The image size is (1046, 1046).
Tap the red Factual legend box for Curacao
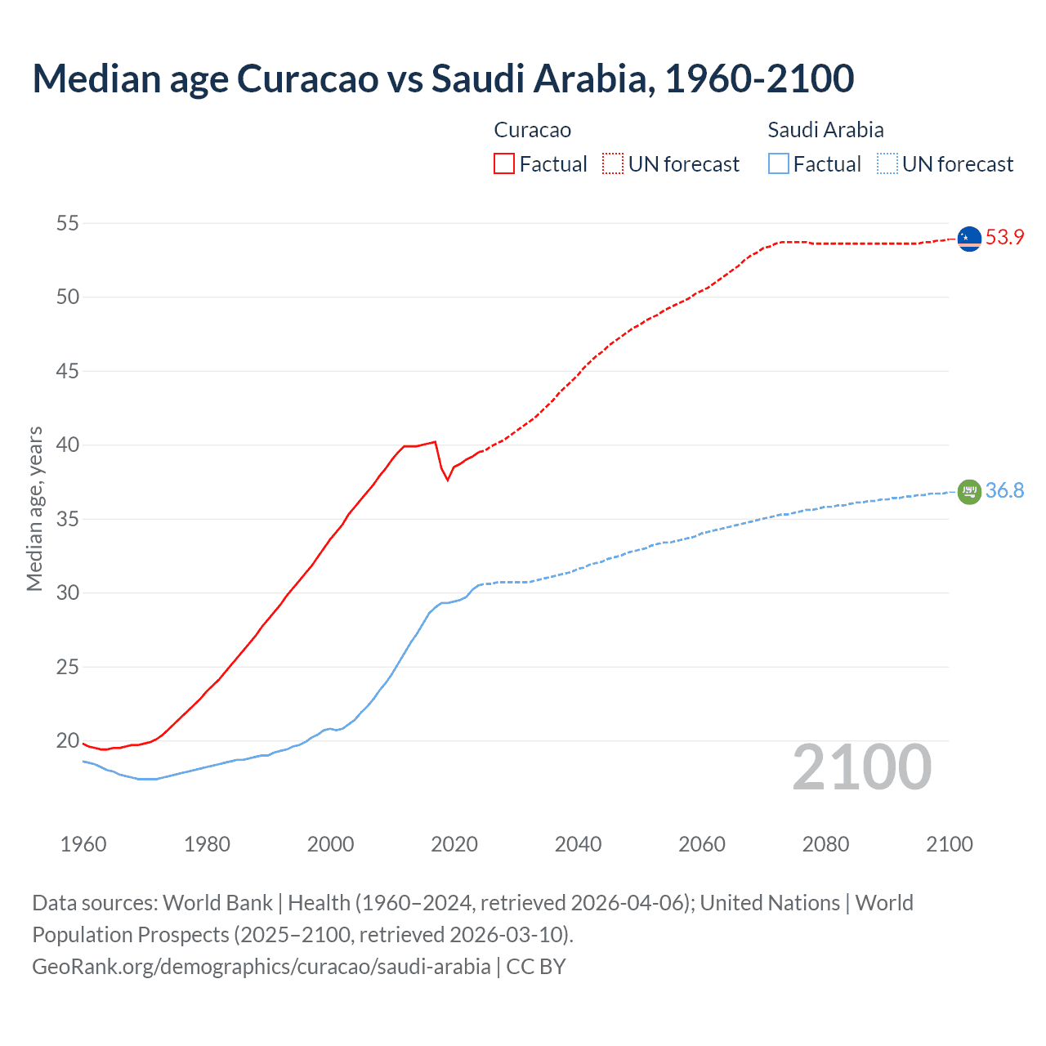point(504,163)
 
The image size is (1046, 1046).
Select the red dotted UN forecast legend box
point(613,163)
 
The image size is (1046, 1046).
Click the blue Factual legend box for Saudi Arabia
point(779,163)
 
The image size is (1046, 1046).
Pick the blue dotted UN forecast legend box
point(887,163)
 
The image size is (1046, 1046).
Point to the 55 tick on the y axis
point(68,223)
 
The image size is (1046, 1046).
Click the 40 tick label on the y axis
point(68,445)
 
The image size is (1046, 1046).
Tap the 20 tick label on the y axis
point(68,741)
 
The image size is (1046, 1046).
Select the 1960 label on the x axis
point(83,844)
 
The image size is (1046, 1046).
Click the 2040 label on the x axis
point(578,844)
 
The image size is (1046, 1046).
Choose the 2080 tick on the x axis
point(825,844)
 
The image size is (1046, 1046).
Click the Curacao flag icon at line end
point(969,239)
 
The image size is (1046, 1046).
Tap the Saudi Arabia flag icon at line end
point(969,492)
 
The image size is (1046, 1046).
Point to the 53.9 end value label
point(1004,238)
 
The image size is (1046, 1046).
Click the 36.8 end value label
point(1004,491)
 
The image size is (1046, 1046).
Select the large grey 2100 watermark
point(861,767)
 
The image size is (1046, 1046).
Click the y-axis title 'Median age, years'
point(34,508)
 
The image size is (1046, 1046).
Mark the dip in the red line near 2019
point(448,479)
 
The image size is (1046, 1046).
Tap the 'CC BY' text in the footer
point(536,967)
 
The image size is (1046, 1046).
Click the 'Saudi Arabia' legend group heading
point(825,130)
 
